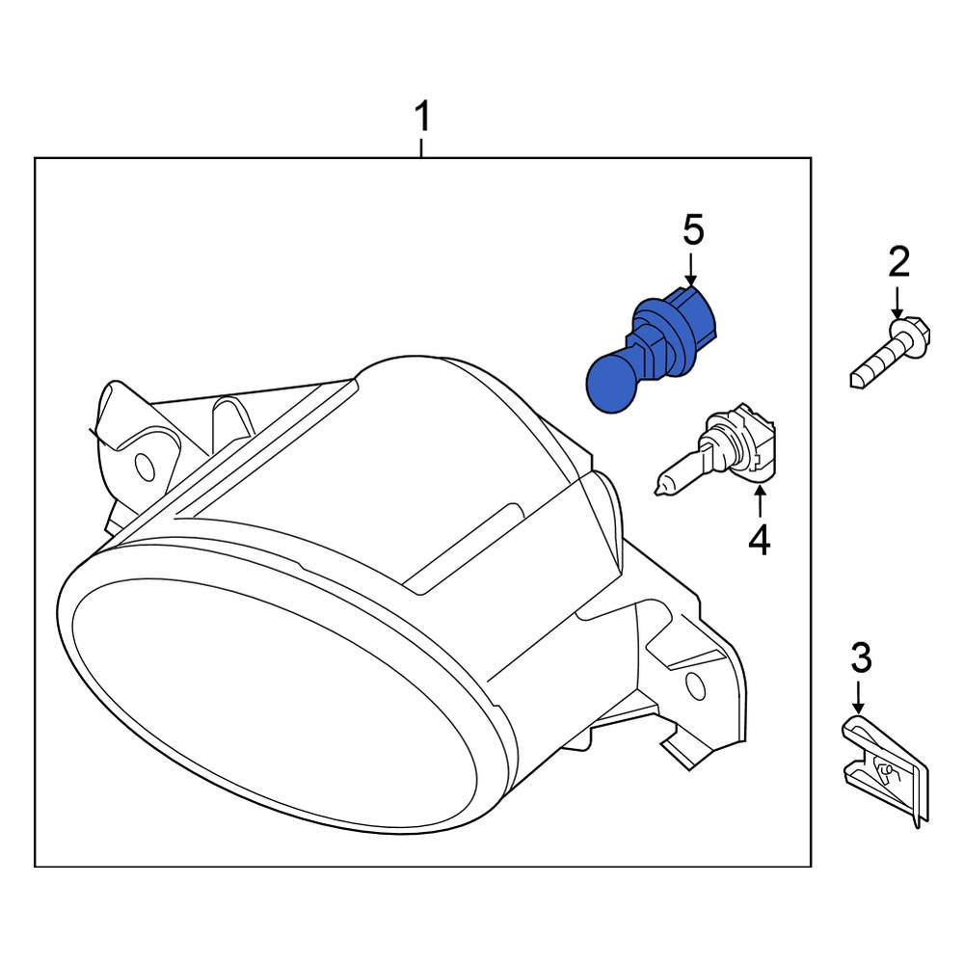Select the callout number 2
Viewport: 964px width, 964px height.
point(897,261)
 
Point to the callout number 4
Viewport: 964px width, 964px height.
point(760,540)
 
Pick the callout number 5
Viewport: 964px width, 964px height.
point(694,231)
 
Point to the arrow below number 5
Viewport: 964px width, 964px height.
point(691,270)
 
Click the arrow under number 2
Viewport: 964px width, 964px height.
point(897,303)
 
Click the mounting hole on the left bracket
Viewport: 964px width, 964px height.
point(145,467)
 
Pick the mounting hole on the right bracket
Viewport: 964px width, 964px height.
point(695,686)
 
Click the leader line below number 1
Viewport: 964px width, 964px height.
point(421,147)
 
